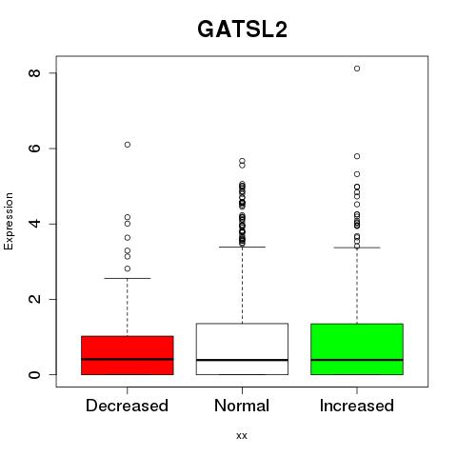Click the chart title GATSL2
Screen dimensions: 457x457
[x=242, y=30]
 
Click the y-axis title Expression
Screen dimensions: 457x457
[x=9, y=221]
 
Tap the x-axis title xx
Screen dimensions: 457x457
[x=242, y=435]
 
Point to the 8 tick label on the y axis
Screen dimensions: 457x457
[x=34, y=73]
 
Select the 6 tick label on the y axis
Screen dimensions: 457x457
[x=34, y=149]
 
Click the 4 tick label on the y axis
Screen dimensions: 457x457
[x=34, y=224]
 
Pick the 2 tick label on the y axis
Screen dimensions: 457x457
[x=34, y=299]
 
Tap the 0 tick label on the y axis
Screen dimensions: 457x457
[x=34, y=374]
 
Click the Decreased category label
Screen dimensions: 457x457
[x=128, y=406]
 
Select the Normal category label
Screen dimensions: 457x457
[x=242, y=406]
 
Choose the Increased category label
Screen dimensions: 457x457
[x=357, y=406]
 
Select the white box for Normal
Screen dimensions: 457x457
[x=242, y=348]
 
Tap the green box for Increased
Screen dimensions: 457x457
[x=357, y=349]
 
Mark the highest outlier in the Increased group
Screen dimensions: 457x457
[x=357, y=69]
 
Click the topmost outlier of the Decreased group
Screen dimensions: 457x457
[x=128, y=145]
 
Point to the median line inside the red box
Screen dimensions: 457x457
[x=128, y=359]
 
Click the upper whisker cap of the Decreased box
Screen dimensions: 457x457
[x=128, y=278]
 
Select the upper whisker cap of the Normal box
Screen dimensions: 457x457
[x=242, y=247]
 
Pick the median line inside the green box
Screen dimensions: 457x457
[x=357, y=360]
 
